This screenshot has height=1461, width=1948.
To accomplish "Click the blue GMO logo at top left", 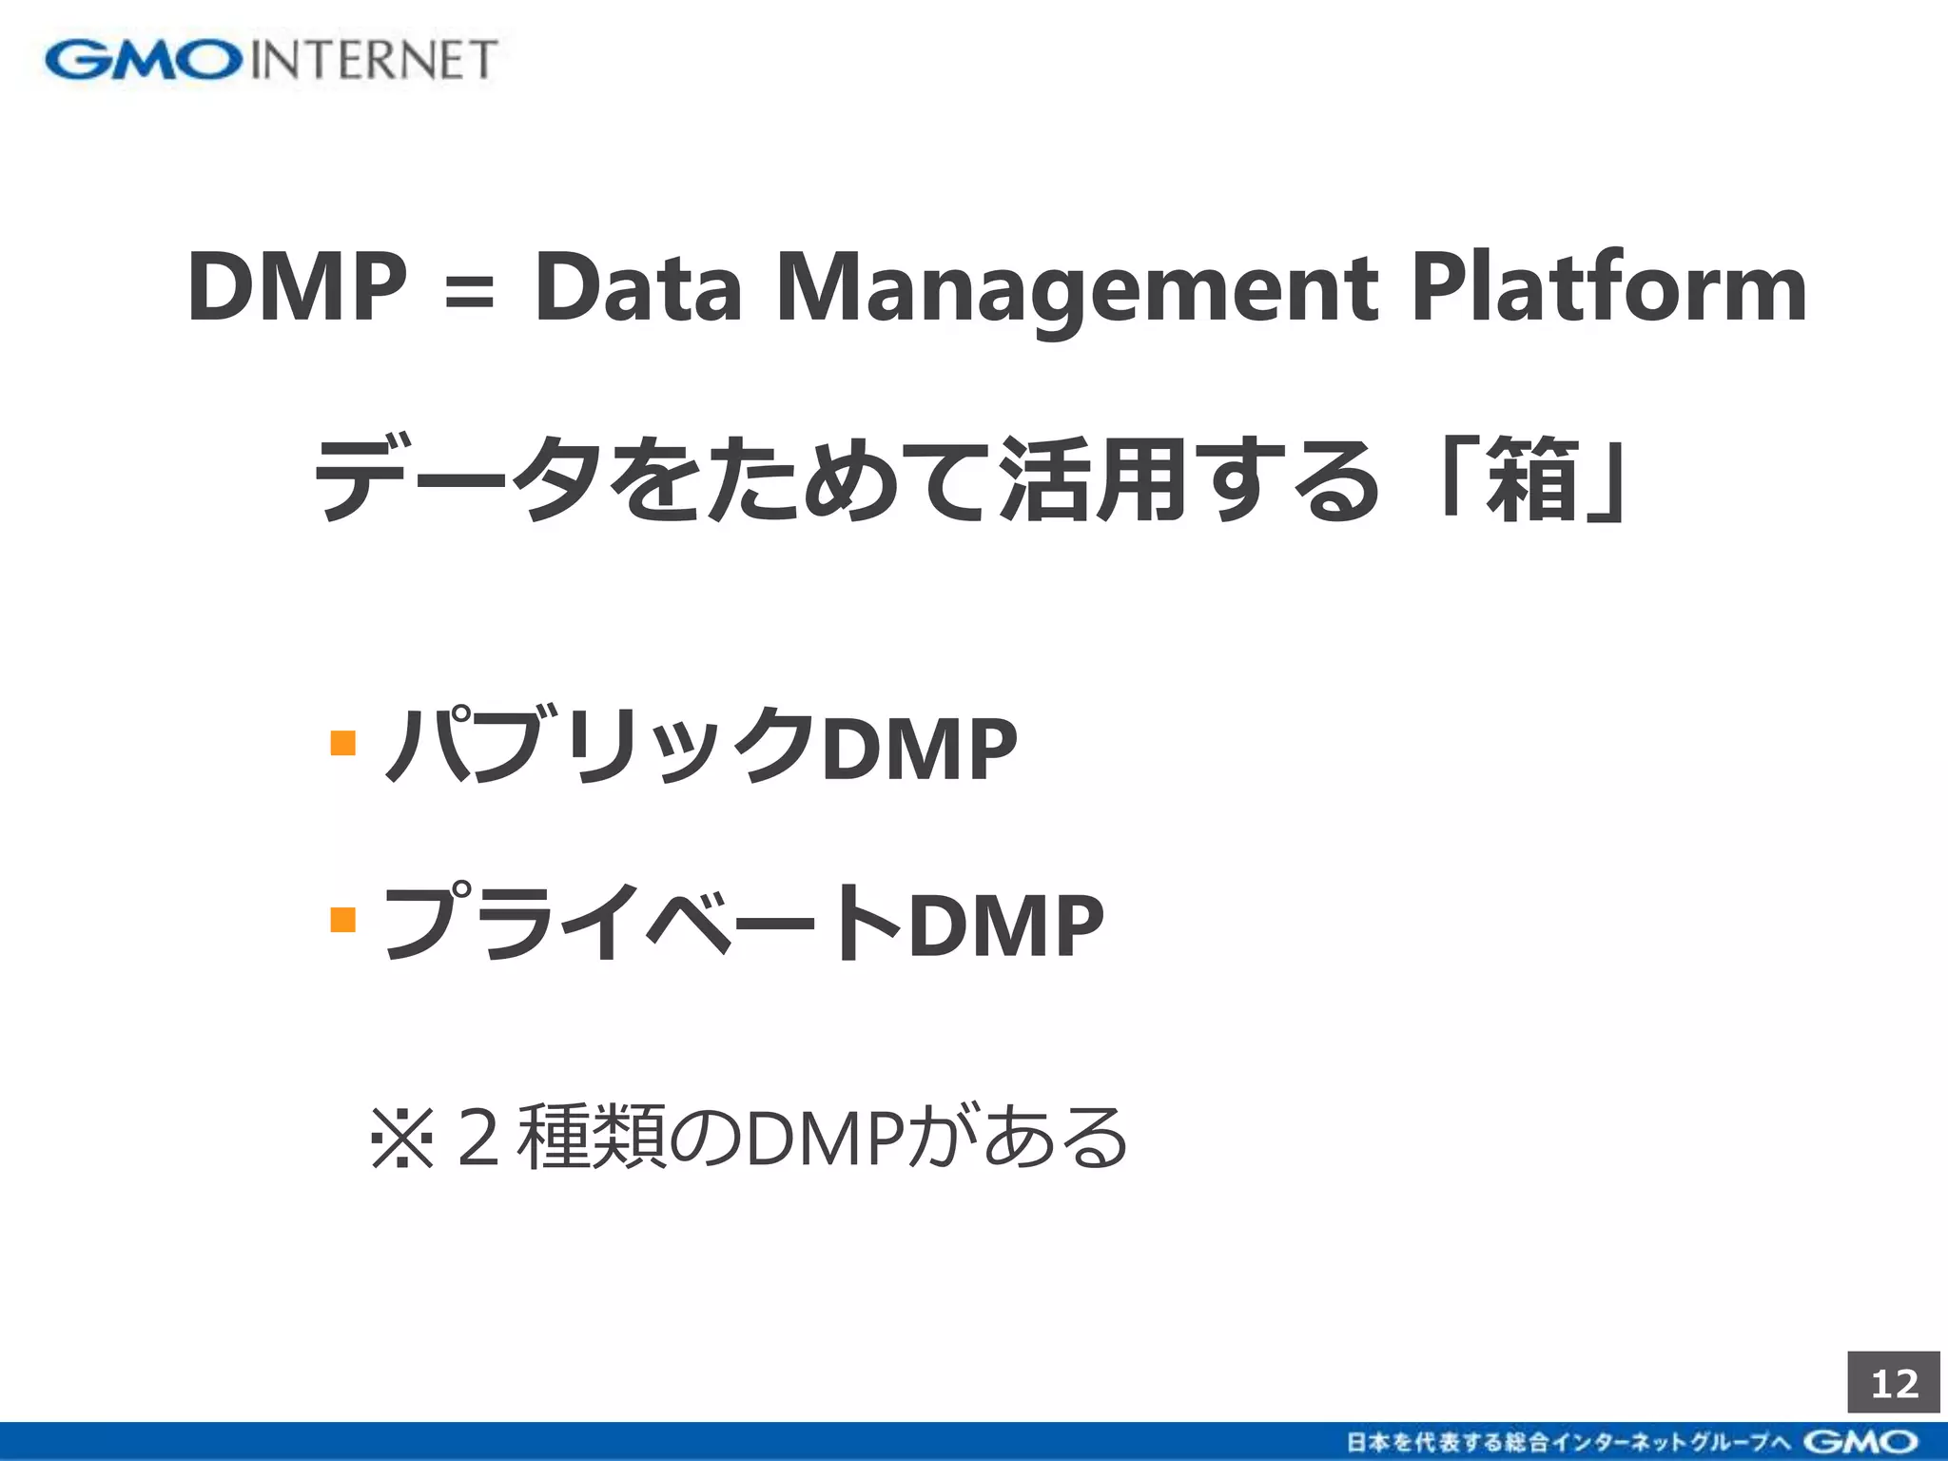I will pos(143,60).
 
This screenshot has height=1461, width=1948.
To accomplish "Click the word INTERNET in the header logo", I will pos(374,60).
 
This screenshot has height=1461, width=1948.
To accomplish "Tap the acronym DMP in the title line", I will pos(298,287).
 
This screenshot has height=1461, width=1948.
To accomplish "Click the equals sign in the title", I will pos(470,290).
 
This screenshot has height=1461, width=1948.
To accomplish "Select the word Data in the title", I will pos(637,287).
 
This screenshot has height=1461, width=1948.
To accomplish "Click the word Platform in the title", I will pos(1607,287).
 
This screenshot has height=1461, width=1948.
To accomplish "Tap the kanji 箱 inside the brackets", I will pos(1532,480).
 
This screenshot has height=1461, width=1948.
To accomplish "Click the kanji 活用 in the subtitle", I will pos(1093,480).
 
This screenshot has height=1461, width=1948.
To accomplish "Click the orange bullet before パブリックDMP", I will pos(342,742).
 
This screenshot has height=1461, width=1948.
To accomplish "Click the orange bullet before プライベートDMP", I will pos(342,920).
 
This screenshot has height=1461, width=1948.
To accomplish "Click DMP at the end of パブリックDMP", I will pos(919,750).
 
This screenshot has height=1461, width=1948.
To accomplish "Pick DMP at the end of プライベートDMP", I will pos(1005,925).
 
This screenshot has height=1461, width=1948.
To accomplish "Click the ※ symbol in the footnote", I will pos(402,1138).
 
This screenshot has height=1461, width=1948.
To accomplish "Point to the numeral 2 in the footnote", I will pos(478,1138).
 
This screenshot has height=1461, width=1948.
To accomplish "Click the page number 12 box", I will pos(1894,1383).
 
